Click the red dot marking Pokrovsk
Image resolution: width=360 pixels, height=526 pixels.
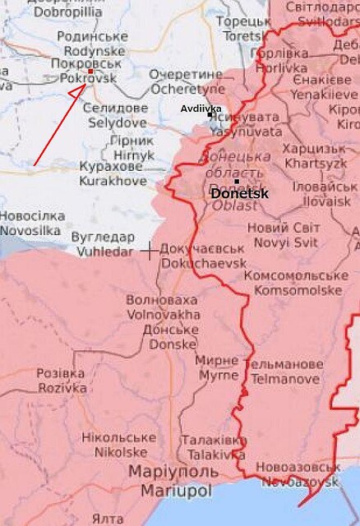(x=90, y=71)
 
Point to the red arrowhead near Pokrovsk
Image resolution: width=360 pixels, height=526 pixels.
(x=76, y=94)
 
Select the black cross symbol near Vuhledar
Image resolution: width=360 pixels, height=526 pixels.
(x=150, y=250)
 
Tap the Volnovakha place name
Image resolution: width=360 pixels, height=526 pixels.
(x=163, y=314)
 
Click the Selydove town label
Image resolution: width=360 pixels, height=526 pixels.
(x=116, y=122)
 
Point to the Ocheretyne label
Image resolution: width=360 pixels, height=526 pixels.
(x=187, y=88)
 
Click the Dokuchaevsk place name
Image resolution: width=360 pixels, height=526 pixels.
(x=203, y=263)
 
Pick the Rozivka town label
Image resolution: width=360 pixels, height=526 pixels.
(x=61, y=388)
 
